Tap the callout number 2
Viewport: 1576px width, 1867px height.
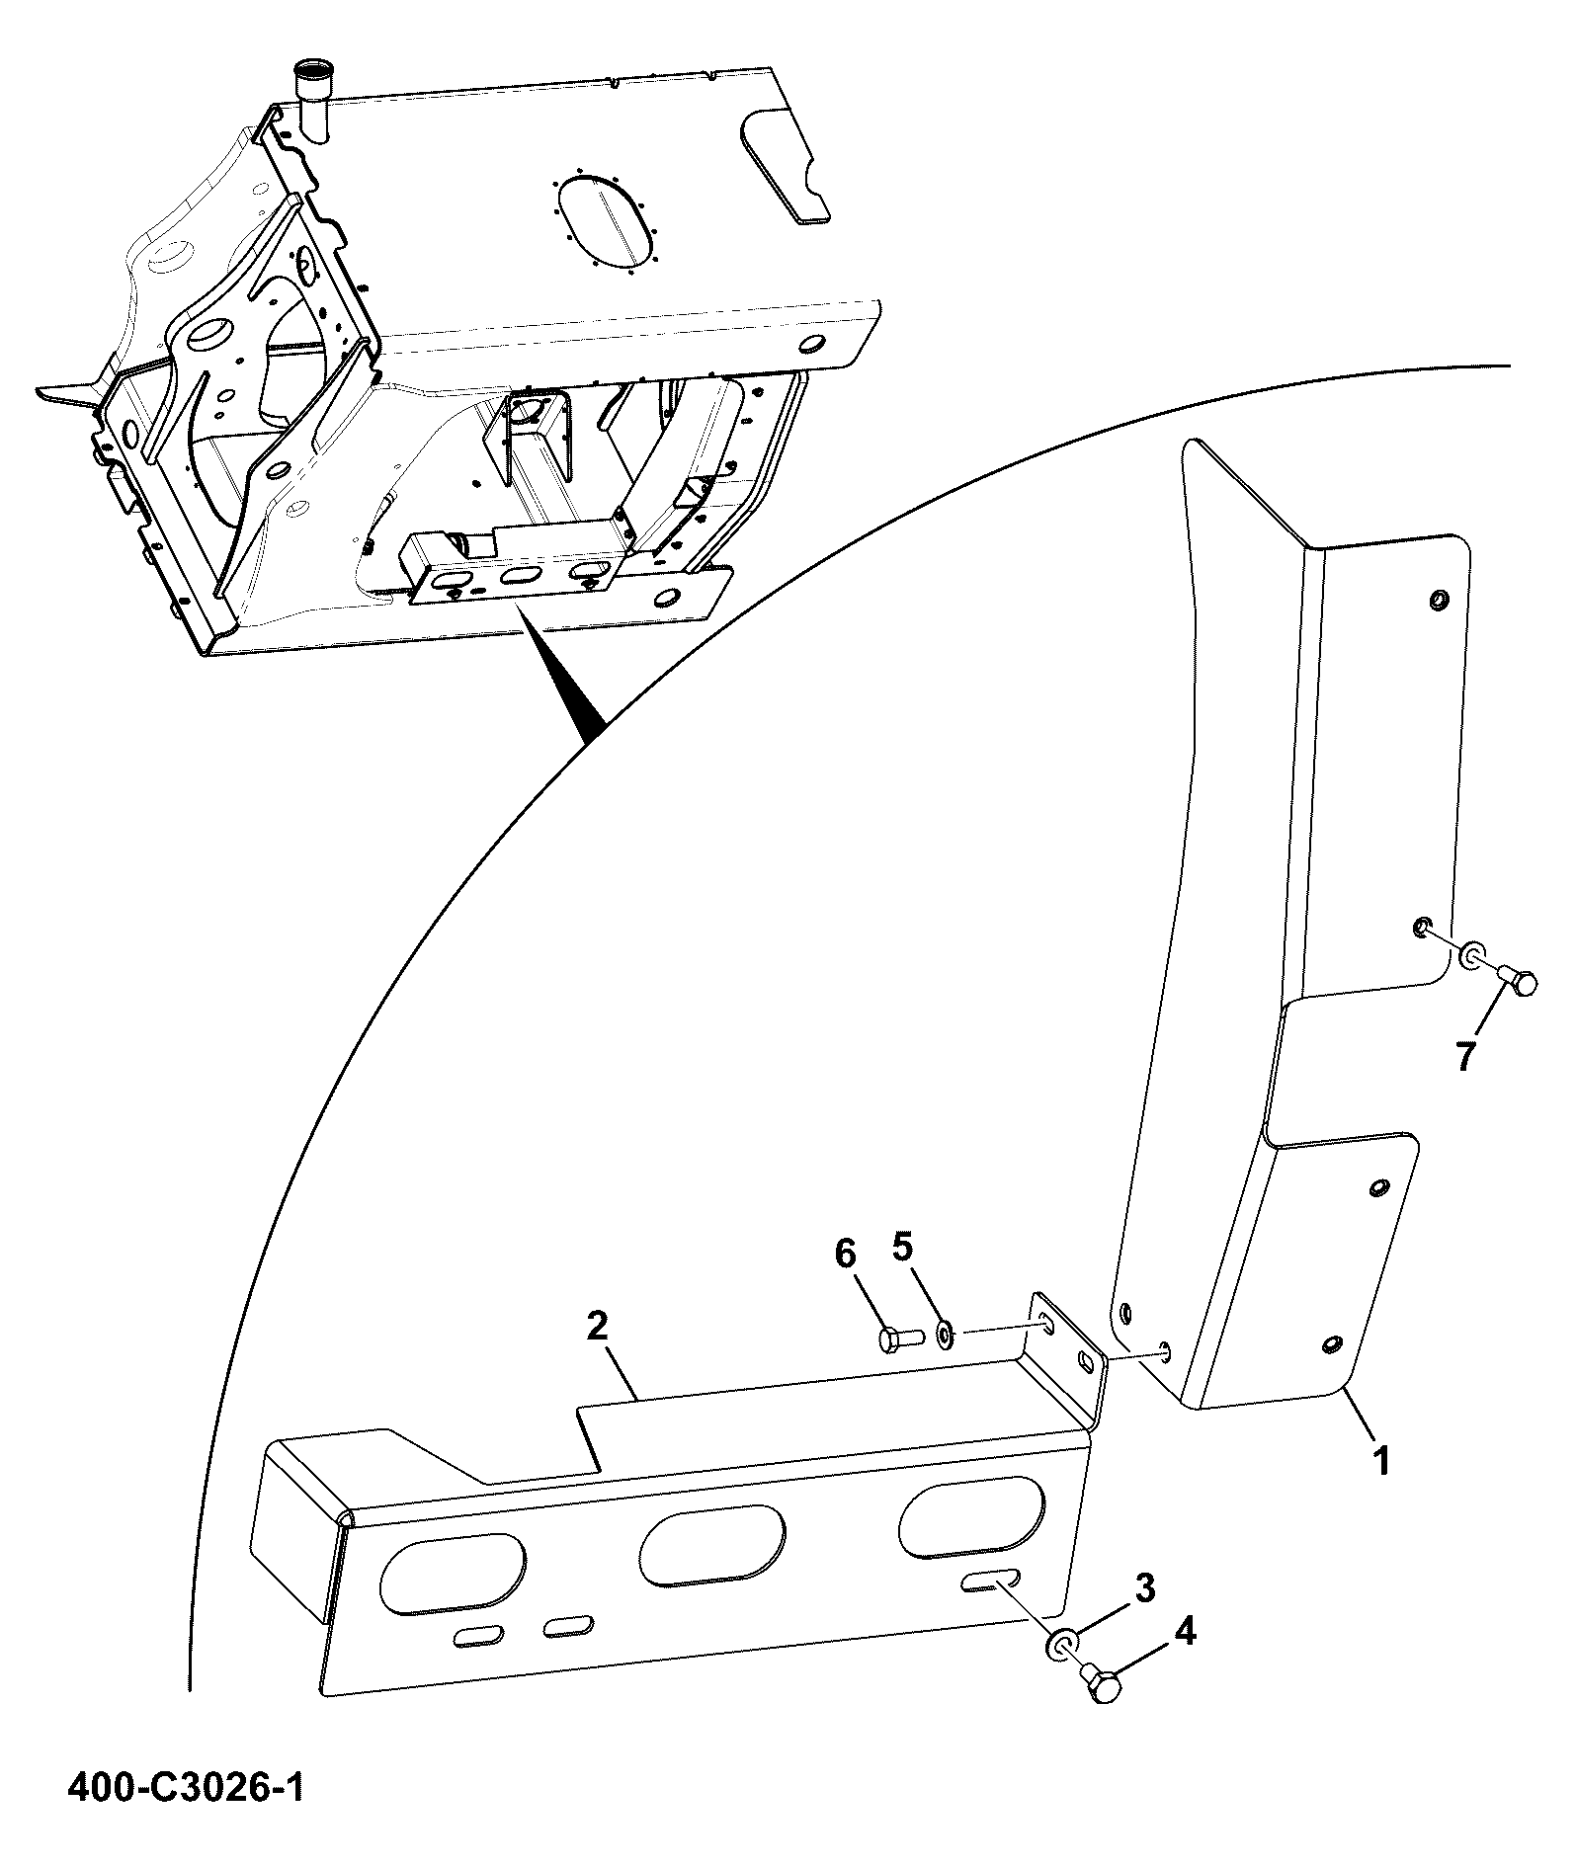click(x=597, y=1326)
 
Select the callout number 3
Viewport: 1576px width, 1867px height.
click(x=1143, y=1589)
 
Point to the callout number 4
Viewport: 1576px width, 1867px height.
click(x=1185, y=1633)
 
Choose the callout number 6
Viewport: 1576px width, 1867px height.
click(x=845, y=1255)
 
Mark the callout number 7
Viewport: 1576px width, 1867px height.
click(x=1464, y=1056)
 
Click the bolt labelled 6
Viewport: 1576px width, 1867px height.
click(x=899, y=1339)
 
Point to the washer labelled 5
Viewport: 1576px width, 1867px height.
click(x=945, y=1336)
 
